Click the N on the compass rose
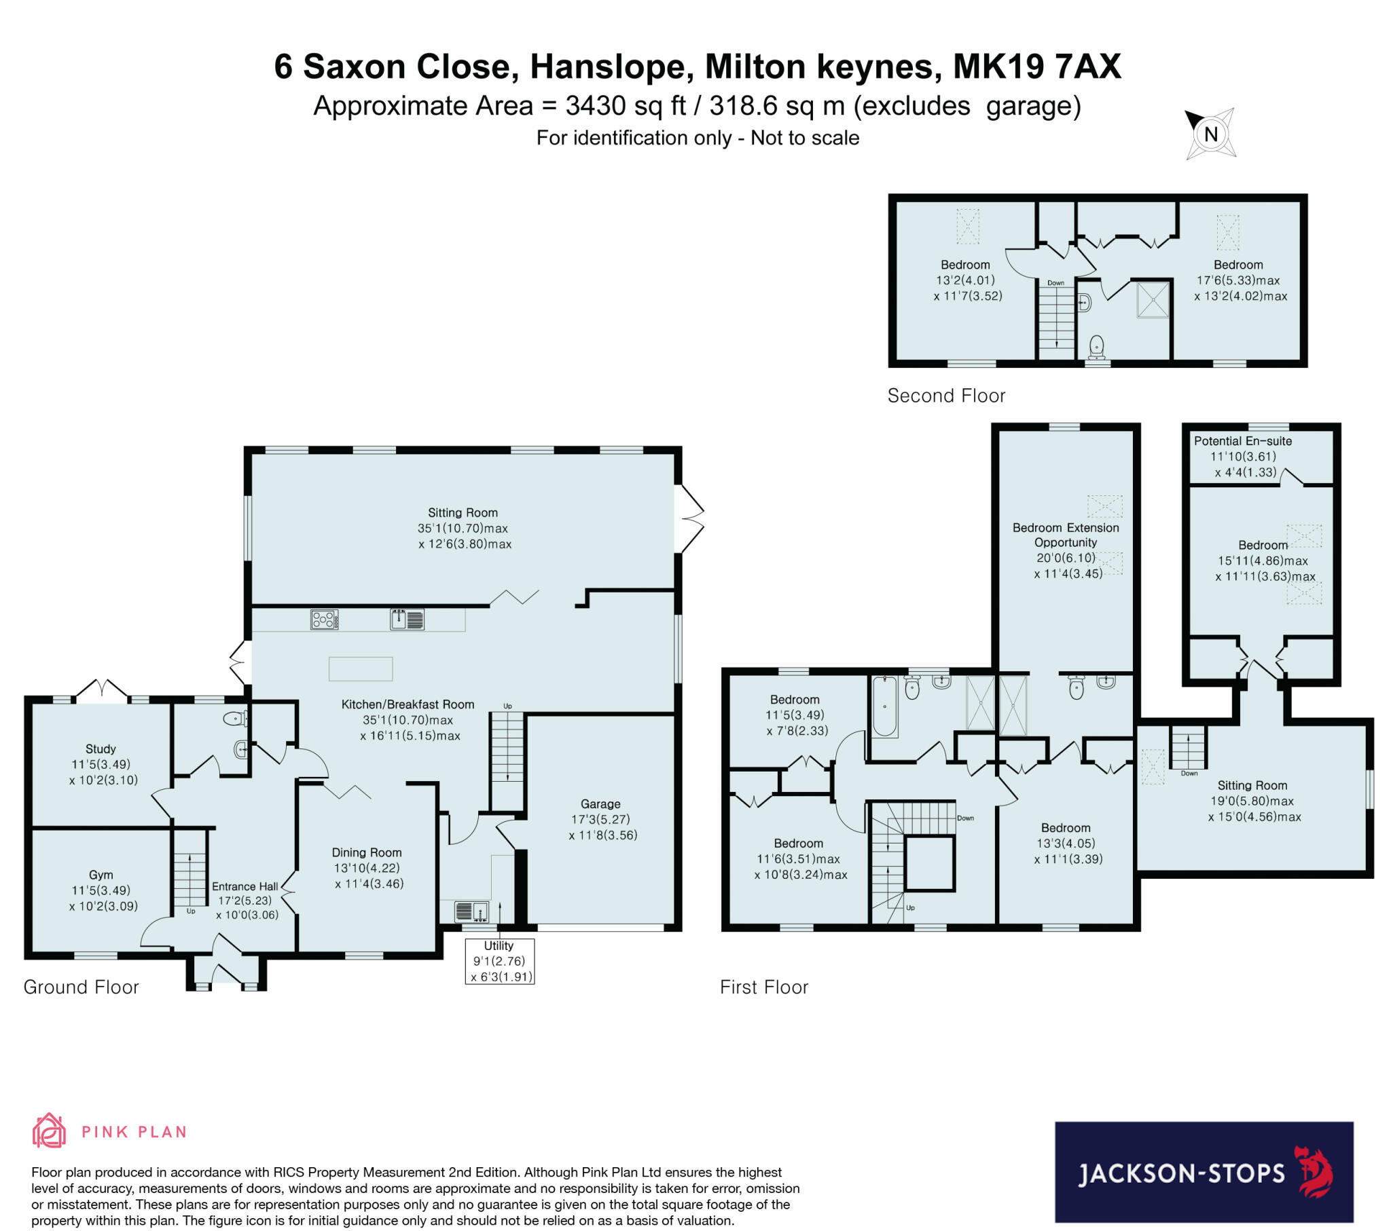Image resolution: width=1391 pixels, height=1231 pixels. click(1210, 134)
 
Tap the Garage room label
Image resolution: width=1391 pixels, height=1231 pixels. click(600, 804)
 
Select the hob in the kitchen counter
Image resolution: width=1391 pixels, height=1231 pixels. click(324, 620)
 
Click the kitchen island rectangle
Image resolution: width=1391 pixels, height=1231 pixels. click(361, 668)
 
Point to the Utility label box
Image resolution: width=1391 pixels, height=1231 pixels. click(499, 961)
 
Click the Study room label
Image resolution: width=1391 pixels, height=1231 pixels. click(101, 749)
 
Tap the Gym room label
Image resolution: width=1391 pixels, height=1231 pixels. click(101, 875)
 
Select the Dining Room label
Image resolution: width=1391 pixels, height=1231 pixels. click(367, 852)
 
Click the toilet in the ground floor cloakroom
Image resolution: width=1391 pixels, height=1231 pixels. click(234, 717)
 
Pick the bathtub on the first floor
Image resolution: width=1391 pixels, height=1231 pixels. click(885, 706)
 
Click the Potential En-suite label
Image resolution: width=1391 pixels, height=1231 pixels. click(1243, 440)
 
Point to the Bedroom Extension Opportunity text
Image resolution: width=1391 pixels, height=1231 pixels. click(1066, 535)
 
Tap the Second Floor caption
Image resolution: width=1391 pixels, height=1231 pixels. click(946, 396)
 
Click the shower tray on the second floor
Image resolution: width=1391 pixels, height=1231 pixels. click(1153, 299)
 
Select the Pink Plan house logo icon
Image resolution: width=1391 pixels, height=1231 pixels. click(49, 1131)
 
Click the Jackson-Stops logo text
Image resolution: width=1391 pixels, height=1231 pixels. click(1180, 1173)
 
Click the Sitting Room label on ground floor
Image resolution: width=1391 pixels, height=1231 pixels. click(463, 513)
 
